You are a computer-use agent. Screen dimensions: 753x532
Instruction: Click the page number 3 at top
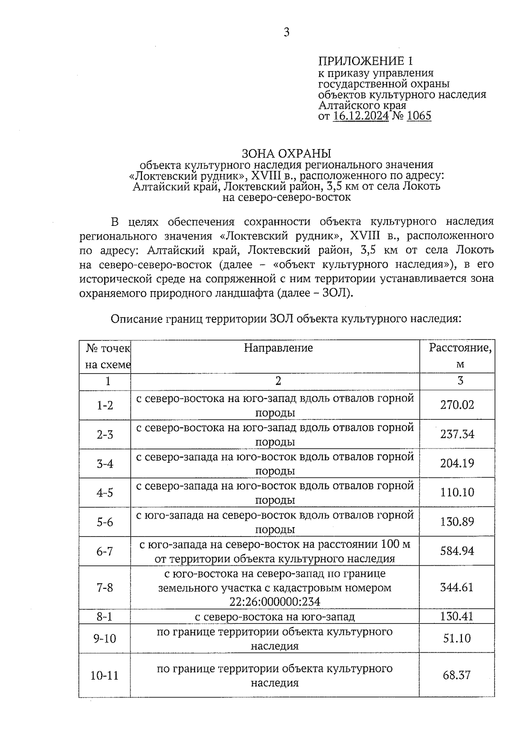[286, 32]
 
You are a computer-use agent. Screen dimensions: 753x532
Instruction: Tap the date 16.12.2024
[361, 116]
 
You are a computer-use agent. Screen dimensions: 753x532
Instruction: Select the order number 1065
[419, 116]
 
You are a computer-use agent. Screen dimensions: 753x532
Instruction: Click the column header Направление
[278, 348]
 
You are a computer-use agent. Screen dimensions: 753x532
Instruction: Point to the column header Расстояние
[460, 348]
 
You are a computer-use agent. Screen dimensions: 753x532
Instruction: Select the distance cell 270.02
[457, 405]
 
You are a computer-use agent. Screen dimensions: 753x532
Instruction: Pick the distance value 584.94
[457, 551]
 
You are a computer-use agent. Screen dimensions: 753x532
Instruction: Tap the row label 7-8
[105, 587]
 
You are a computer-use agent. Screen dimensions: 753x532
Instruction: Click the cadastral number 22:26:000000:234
[275, 602]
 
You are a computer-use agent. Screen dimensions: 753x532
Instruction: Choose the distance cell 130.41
[457, 616]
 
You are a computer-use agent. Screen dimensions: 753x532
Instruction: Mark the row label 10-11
[105, 675]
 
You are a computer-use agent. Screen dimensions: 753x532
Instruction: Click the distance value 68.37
[457, 675]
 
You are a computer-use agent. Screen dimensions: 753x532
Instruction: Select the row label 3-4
[105, 464]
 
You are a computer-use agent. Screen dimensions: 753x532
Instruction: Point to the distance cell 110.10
[457, 493]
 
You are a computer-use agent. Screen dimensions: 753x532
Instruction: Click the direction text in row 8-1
[275, 617]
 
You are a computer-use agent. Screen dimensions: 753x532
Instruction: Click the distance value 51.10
[457, 639]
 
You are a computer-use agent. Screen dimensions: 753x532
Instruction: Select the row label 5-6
[105, 522]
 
